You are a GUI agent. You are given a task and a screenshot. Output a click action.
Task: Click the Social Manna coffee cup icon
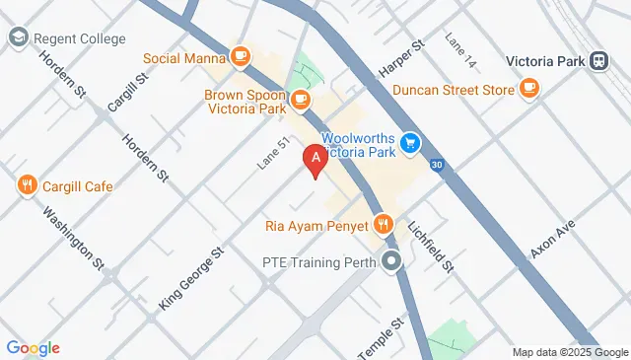click(240, 57)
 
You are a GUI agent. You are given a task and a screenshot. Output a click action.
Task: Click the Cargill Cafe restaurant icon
click(27, 185)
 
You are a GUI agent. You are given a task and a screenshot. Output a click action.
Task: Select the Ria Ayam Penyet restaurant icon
click(384, 225)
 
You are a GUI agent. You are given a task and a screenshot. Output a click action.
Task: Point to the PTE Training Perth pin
click(393, 263)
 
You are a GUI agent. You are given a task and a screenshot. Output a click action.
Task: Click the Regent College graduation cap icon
click(18, 38)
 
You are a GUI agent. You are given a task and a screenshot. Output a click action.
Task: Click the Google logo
click(33, 347)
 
